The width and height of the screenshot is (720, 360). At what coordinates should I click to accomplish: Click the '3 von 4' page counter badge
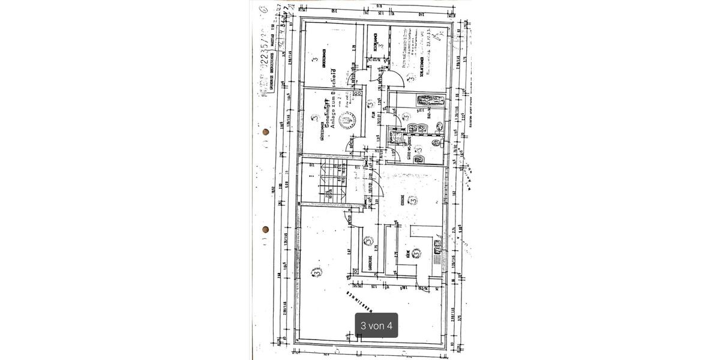click(x=376, y=325)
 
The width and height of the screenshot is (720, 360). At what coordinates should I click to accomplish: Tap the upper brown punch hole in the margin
click(x=266, y=132)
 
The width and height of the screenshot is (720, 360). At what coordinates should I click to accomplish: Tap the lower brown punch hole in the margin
click(x=265, y=229)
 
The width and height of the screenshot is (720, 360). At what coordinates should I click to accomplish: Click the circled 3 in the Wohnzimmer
click(x=316, y=272)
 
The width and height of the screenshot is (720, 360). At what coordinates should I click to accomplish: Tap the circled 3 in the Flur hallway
click(x=370, y=103)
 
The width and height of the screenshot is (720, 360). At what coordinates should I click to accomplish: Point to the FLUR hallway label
click(x=373, y=117)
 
